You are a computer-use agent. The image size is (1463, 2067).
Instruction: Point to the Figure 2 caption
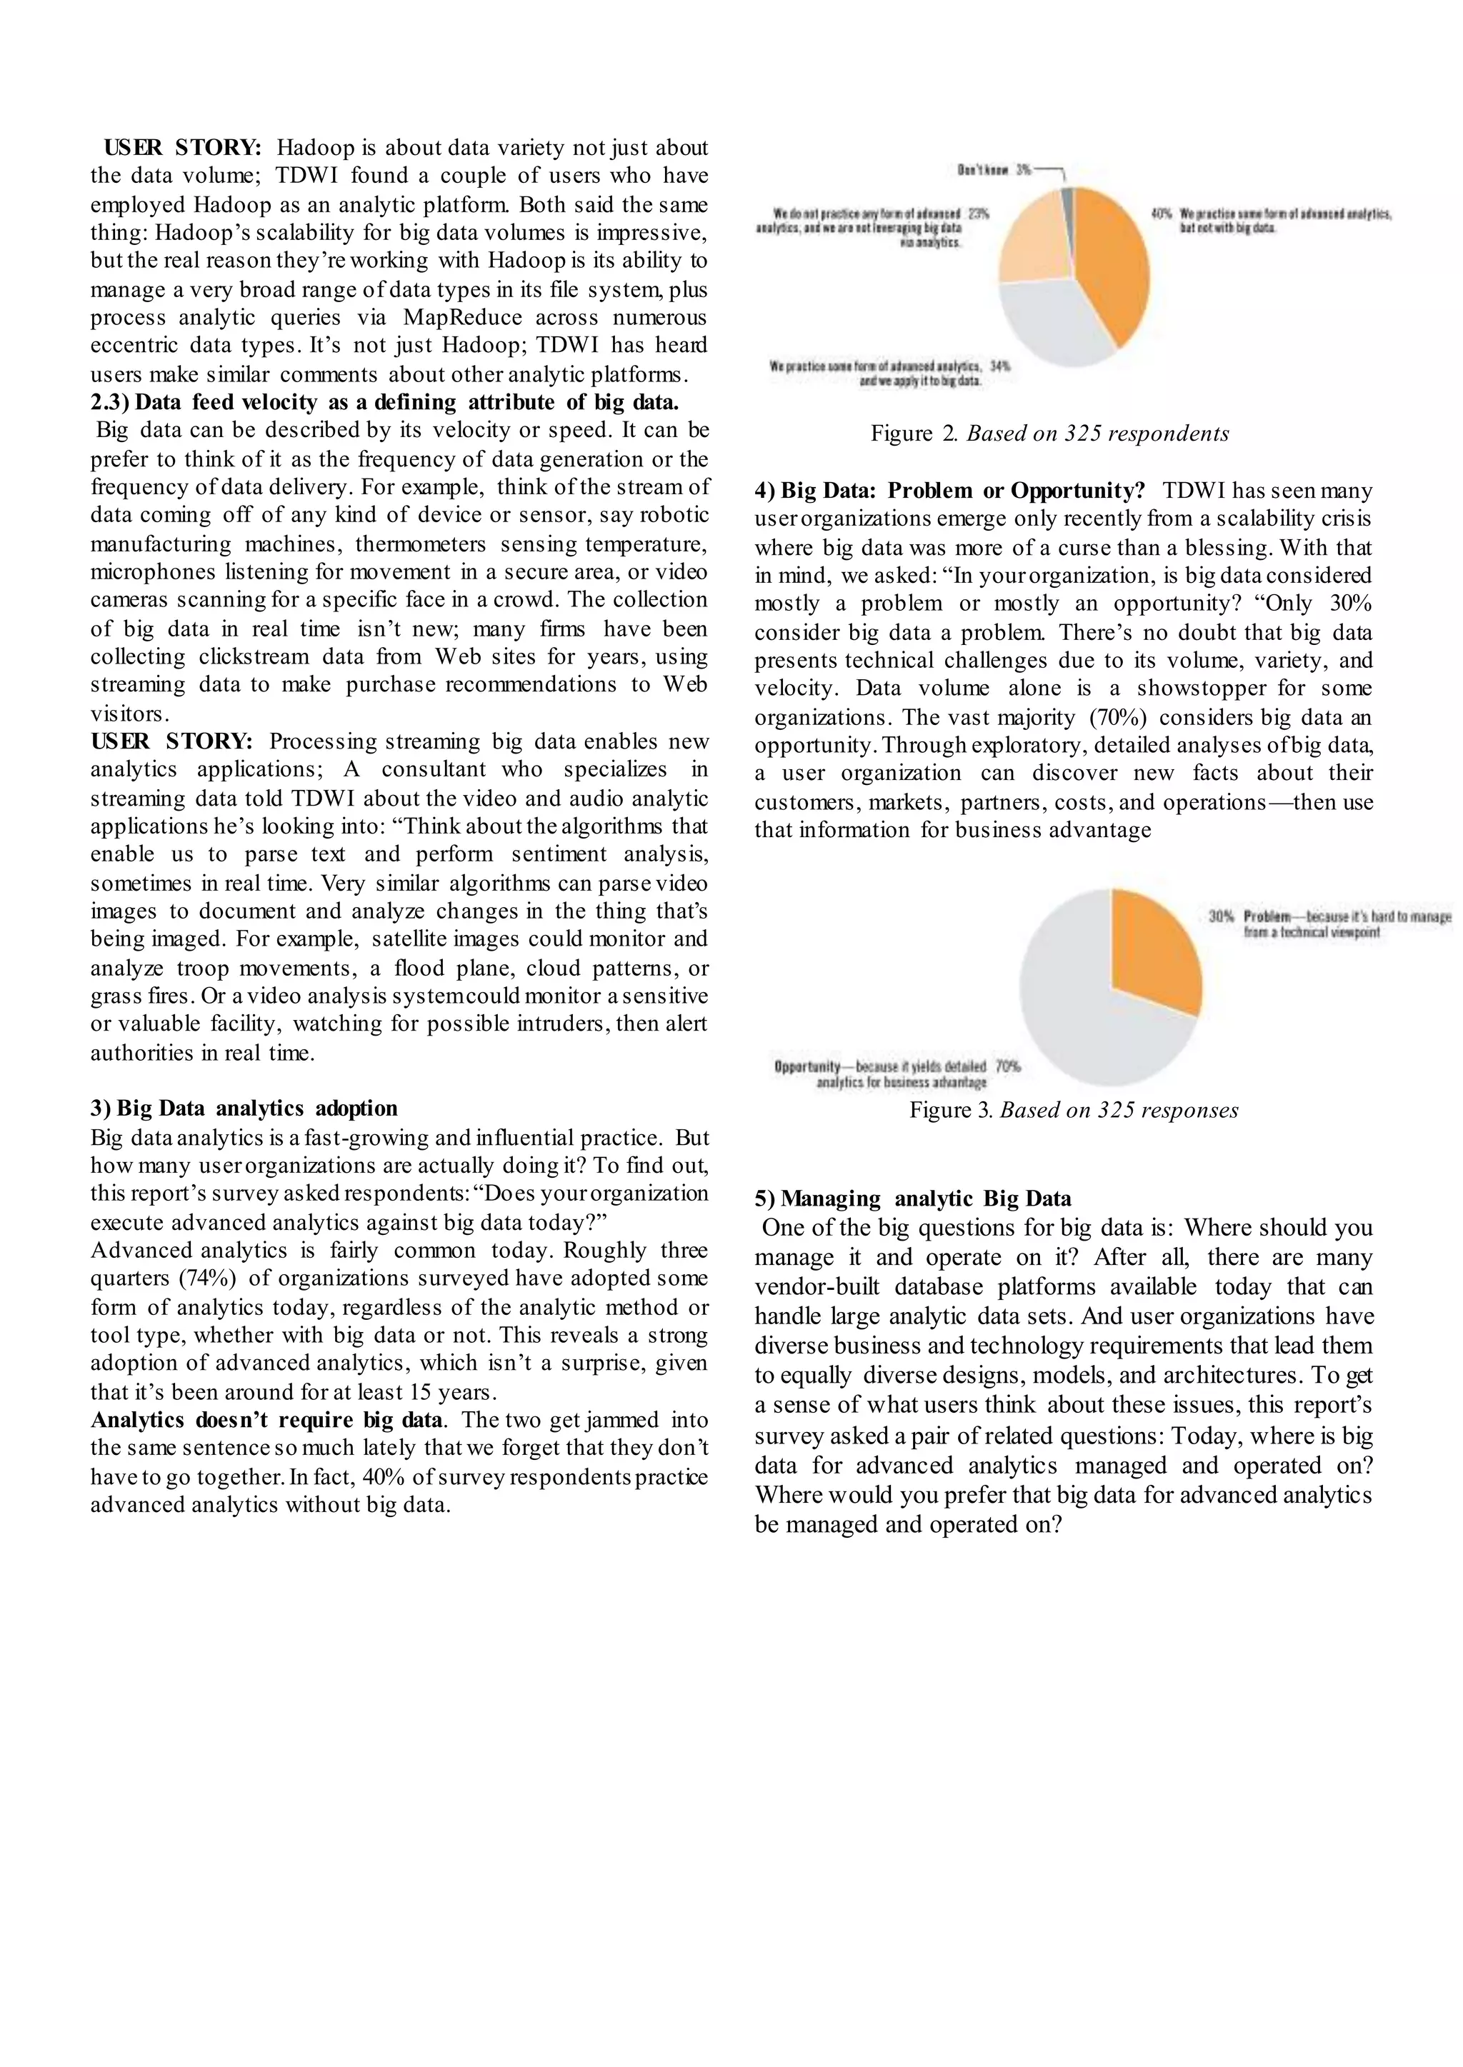click(1049, 434)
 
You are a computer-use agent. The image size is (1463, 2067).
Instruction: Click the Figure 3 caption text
click(1074, 1110)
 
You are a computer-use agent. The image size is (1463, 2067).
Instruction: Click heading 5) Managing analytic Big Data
click(912, 1198)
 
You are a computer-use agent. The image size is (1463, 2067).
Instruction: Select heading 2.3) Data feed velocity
click(384, 401)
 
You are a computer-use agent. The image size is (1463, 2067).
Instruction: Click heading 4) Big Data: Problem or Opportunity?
click(949, 491)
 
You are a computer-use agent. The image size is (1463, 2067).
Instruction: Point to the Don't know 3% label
click(994, 169)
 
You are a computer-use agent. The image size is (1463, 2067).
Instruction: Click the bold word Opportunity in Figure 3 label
click(807, 1066)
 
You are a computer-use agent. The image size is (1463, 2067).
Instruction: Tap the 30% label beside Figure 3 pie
click(1221, 916)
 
